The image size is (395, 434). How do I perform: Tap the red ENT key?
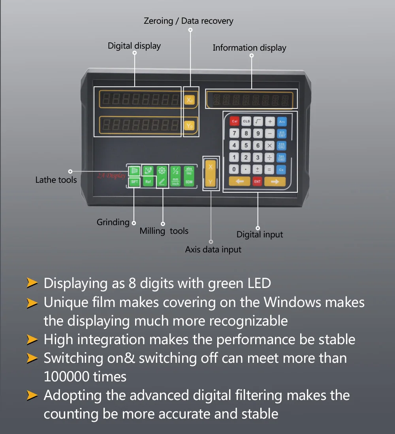tap(258, 182)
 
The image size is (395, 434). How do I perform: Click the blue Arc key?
tap(282, 121)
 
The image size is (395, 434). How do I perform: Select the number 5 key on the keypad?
tap(246, 146)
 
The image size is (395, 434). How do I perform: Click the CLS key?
tap(246, 121)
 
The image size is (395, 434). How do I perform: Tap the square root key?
tap(258, 121)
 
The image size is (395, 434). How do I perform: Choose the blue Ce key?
tap(282, 169)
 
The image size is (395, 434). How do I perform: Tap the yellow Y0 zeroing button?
tap(190, 126)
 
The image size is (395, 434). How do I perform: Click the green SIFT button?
tap(134, 182)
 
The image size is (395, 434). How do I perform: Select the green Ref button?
tap(148, 182)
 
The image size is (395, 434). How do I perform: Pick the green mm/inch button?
tap(175, 182)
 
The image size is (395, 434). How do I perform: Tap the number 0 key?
tap(234, 169)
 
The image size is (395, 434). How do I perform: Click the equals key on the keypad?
tap(270, 169)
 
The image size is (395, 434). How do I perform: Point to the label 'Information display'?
tap(249, 48)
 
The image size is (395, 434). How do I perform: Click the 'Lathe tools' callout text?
tap(56, 180)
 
